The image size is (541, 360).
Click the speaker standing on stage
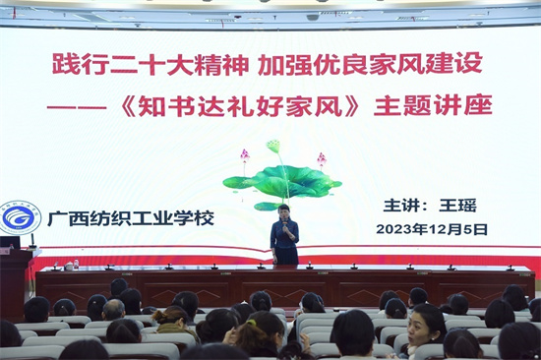click(284, 235)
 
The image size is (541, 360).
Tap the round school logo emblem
click(20, 218)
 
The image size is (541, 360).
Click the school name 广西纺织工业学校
click(130, 217)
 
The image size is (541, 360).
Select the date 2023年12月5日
click(432, 228)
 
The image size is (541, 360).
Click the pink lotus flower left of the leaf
click(245, 155)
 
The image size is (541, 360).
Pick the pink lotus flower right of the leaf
click(321, 157)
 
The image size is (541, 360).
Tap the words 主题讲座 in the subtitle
click(432, 105)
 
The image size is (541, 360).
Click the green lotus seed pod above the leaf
click(273, 148)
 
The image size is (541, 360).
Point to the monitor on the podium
click(9, 243)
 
